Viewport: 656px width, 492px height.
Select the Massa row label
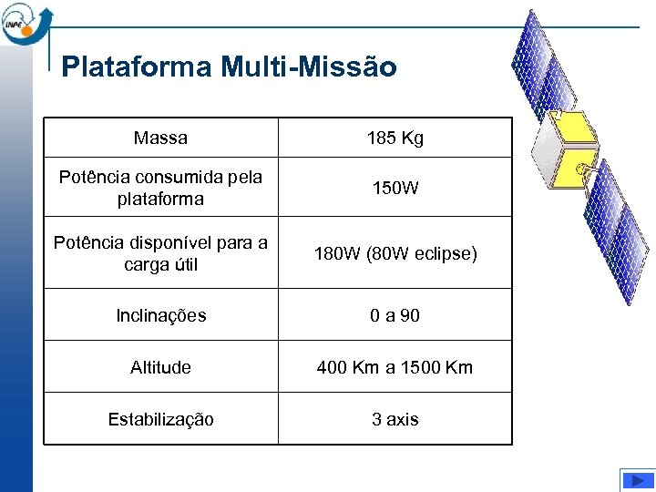pyautogui.click(x=160, y=138)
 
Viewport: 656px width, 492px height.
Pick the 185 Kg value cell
pyautogui.click(x=395, y=138)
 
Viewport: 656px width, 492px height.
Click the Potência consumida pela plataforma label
pyautogui.click(x=160, y=188)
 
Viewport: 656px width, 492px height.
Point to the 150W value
pyautogui.click(x=395, y=189)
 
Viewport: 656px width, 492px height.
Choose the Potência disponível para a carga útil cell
pyautogui.click(x=160, y=253)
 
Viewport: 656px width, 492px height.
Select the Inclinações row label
pyautogui.click(x=160, y=315)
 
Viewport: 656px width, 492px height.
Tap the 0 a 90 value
pyautogui.click(x=395, y=315)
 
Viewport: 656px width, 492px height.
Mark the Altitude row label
pyautogui.click(x=160, y=367)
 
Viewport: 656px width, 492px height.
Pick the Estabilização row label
pyautogui.click(x=160, y=419)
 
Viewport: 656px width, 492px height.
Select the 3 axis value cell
pyautogui.click(x=395, y=419)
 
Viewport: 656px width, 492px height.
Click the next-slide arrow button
pyautogui.click(x=637, y=479)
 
